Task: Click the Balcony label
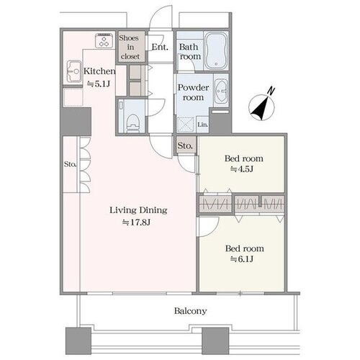(190, 311)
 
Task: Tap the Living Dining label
(138, 210)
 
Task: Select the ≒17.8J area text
(137, 222)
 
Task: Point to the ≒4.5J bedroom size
(242, 169)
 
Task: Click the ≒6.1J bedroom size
(242, 259)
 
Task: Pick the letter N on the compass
(271, 91)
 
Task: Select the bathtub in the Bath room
(216, 50)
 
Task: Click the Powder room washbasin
(220, 91)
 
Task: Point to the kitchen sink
(74, 71)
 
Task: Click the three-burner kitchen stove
(104, 40)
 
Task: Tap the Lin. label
(203, 125)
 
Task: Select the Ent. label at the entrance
(160, 47)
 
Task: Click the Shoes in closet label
(130, 47)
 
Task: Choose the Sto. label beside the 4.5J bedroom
(185, 145)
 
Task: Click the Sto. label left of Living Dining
(70, 164)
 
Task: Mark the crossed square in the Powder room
(185, 124)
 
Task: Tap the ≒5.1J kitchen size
(99, 84)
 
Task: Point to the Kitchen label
(99, 71)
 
